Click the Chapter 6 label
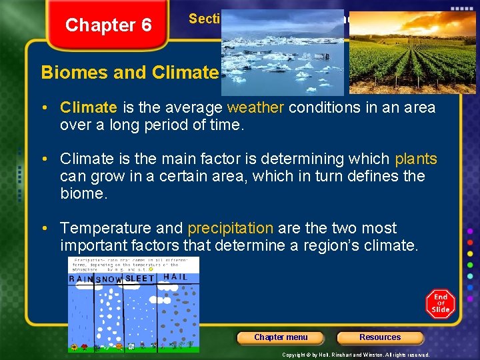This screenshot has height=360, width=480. point(108,25)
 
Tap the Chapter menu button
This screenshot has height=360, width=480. point(281,337)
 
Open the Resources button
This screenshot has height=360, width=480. point(380,337)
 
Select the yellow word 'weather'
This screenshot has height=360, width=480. point(253,107)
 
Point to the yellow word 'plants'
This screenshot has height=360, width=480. point(416,159)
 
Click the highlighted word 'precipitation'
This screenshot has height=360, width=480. point(230,228)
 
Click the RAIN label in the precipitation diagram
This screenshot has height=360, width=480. point(81,279)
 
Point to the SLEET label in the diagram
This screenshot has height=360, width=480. point(139,279)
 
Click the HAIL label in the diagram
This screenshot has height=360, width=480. point(175,277)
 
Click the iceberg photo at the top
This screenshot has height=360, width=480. point(282,53)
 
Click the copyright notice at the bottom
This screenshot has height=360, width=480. point(355,355)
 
